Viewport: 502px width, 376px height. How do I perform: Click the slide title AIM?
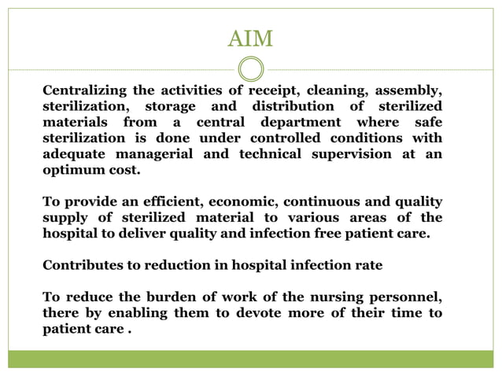[250, 38]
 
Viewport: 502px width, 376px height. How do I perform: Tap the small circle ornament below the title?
[250, 68]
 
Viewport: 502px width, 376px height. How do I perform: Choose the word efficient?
[172, 202]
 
